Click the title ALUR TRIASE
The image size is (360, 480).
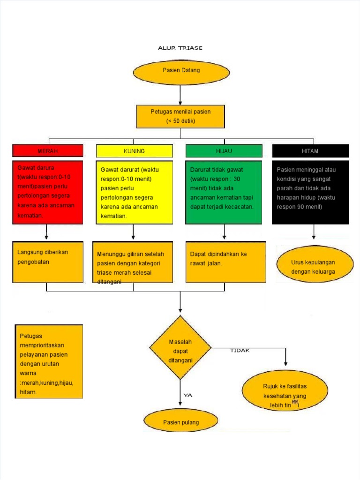[x=180, y=48]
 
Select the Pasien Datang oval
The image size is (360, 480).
[x=181, y=70]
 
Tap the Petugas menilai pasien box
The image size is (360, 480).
[x=180, y=116]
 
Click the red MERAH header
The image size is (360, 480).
[x=48, y=151]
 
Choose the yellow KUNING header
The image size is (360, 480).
[x=134, y=151]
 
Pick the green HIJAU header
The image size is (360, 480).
[x=224, y=151]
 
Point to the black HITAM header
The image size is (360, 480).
[x=310, y=151]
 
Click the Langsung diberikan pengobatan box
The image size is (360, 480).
[x=48, y=262]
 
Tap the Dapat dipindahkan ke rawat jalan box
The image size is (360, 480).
[x=225, y=262]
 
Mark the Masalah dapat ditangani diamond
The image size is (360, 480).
[x=180, y=347]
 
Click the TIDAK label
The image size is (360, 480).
[x=240, y=351]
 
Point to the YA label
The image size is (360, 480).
[x=188, y=395]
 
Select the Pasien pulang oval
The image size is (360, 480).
[x=181, y=422]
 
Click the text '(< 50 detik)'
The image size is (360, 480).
[x=180, y=121]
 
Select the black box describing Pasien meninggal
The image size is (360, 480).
[x=310, y=192]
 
